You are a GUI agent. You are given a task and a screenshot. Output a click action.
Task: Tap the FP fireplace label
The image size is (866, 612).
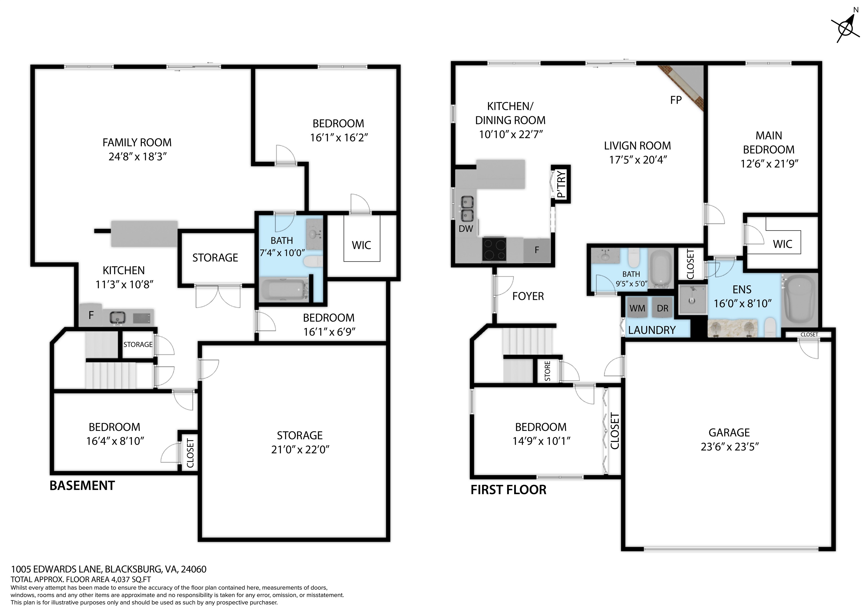coord(676,100)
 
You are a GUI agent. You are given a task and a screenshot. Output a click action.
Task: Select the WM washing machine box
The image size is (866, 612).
coord(637,308)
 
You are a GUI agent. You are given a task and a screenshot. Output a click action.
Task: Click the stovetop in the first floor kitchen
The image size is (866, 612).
coord(494,249)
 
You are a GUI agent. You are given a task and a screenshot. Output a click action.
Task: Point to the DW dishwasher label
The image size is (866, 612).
coord(466,229)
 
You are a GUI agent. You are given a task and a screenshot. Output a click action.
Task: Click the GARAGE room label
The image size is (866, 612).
coord(729,433)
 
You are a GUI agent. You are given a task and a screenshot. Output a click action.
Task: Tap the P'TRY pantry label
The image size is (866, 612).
coord(561,184)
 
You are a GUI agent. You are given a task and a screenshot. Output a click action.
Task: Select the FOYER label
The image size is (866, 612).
coord(528,296)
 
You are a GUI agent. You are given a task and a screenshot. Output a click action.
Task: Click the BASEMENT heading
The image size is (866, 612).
coord(82,486)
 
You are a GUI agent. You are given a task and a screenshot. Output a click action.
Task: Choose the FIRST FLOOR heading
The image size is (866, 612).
coord(509,490)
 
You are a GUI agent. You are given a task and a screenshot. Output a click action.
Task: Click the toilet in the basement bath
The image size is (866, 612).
coord(313,261)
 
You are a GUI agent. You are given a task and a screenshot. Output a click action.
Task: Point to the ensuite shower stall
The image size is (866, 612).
coord(693,300)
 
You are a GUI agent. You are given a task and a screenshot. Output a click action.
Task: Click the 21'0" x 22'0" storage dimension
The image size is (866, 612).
coord(300,449)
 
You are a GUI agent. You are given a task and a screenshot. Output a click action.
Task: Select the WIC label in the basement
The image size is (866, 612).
coord(361,245)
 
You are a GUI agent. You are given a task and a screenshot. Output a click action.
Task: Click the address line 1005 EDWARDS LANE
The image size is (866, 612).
coord(109,569)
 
